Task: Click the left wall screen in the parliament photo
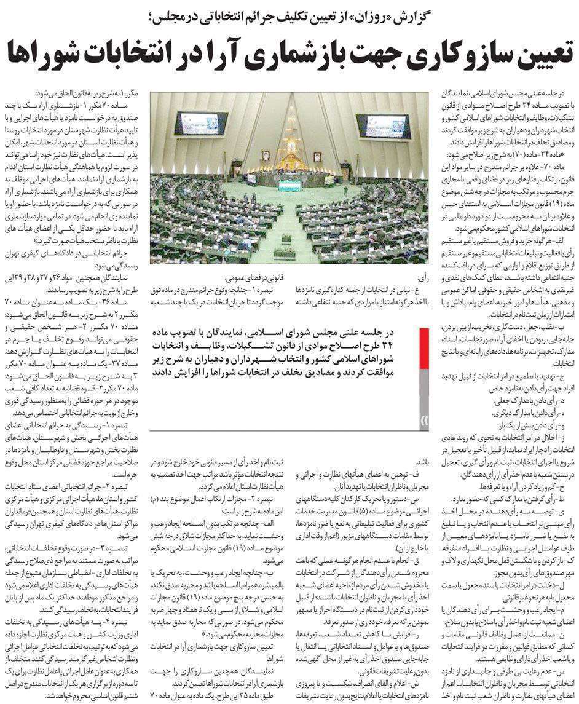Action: point(194,123)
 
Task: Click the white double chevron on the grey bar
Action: point(423,421)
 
